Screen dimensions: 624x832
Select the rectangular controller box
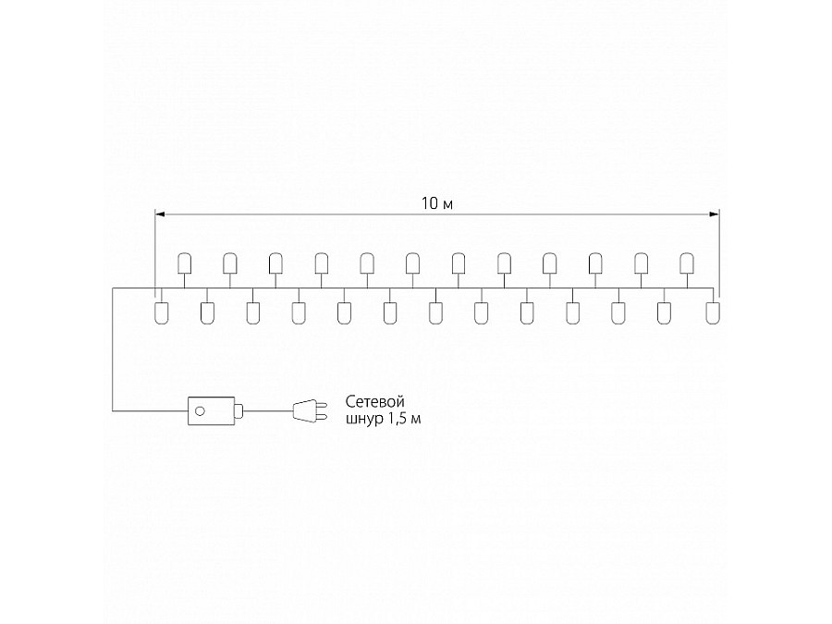click(x=212, y=409)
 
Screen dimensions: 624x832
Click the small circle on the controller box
click(x=200, y=409)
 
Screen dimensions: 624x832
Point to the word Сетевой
click(x=376, y=401)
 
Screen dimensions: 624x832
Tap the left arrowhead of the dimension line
click(x=159, y=214)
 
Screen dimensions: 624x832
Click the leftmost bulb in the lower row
click(x=161, y=312)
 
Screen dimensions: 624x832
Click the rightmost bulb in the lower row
click(x=711, y=312)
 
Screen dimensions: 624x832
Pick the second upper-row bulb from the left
click(x=229, y=264)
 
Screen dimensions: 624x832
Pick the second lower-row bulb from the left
click(x=207, y=312)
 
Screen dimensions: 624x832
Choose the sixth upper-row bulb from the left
click(x=411, y=264)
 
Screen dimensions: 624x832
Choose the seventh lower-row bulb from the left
click(x=435, y=312)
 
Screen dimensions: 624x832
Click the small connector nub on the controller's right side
click(x=239, y=409)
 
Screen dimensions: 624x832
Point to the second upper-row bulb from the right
click(x=640, y=264)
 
